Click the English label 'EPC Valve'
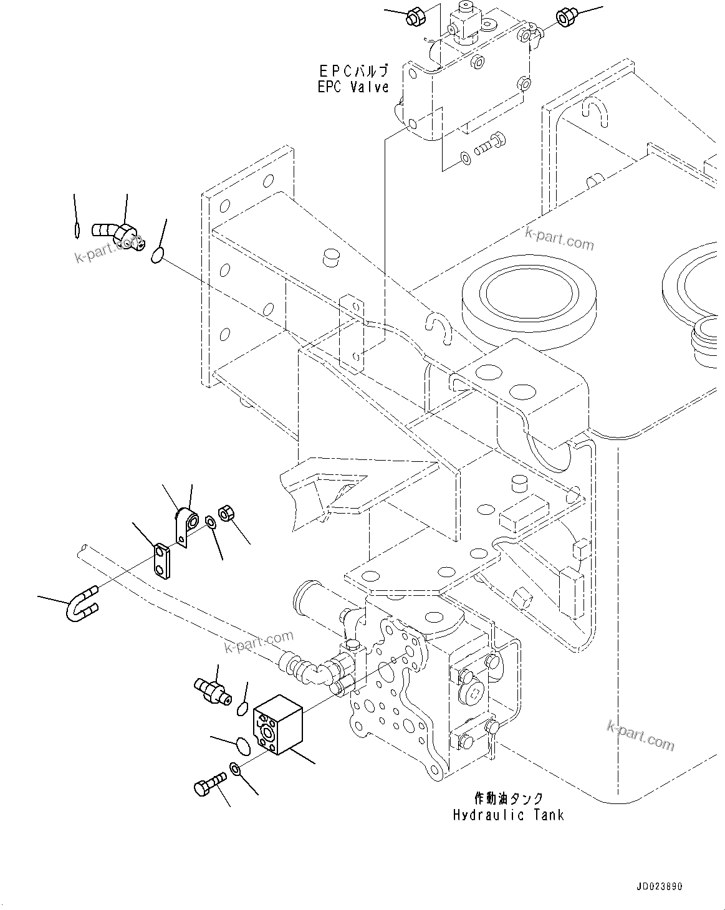[x=353, y=87]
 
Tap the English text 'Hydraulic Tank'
[x=508, y=815]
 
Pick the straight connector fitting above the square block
[x=212, y=689]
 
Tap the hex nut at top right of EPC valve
[x=566, y=17]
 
